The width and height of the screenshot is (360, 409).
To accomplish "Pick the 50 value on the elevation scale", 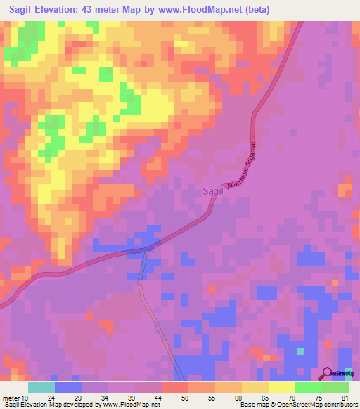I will click(x=185, y=398).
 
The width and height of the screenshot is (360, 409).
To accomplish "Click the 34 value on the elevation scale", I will click(x=104, y=398).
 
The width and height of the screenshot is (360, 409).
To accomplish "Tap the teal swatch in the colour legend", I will click(x=41, y=387).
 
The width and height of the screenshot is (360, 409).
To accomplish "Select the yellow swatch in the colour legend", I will click(x=282, y=387).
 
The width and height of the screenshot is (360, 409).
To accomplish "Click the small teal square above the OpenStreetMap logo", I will click(x=301, y=351).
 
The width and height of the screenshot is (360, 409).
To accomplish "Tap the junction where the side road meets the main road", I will click(x=145, y=249).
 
